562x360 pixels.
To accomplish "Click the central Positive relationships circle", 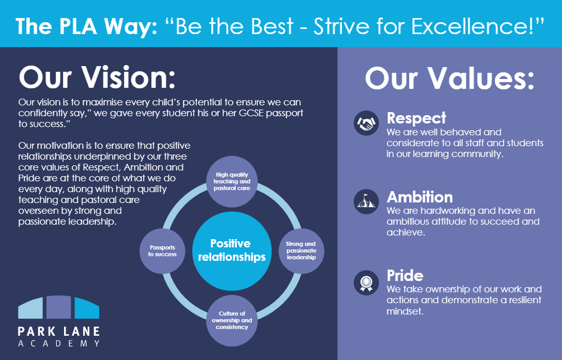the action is tap(232, 251).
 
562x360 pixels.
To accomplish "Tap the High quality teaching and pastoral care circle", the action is tap(232, 181).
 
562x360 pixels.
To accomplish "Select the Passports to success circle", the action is tap(162, 251).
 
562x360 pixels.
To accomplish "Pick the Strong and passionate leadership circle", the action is tap(302, 251).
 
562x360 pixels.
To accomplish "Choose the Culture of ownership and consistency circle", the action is tap(232, 321).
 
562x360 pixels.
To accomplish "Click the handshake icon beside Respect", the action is tap(366, 123).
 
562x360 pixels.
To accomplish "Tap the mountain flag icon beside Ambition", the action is tap(366, 201).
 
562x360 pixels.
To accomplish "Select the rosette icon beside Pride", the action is tap(366, 283).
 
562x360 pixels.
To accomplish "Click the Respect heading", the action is tap(416, 118).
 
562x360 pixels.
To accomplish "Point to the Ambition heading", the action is tap(420, 197).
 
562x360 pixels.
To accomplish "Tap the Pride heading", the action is tap(405, 276).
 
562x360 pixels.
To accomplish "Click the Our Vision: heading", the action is tap(97, 77).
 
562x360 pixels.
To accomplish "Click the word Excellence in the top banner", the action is tap(473, 26).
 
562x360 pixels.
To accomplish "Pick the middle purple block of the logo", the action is tap(59, 307).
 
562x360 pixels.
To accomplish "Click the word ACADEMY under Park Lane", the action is tap(59, 343).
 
